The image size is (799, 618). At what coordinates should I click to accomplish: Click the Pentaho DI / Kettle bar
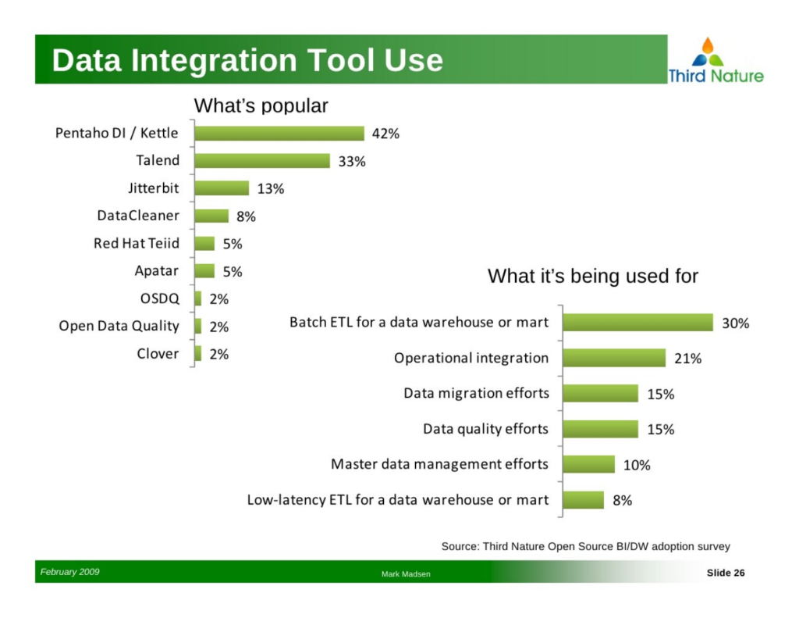tap(279, 133)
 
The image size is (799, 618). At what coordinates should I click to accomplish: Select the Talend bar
tap(262, 161)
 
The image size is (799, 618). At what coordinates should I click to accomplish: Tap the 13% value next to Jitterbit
tap(271, 189)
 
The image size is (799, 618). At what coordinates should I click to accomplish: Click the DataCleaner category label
tap(138, 216)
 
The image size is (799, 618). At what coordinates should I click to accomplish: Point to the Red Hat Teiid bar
tap(204, 244)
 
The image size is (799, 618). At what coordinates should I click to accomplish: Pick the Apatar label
tap(156, 270)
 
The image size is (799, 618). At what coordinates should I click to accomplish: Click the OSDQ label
tap(159, 298)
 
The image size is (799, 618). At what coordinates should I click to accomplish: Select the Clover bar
tap(197, 354)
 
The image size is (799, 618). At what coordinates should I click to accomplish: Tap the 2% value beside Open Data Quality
tap(218, 327)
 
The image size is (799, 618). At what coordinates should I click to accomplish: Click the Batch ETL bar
tap(638, 323)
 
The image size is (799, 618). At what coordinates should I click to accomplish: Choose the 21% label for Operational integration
tap(687, 359)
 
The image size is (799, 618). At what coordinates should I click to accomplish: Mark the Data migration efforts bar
tap(600, 394)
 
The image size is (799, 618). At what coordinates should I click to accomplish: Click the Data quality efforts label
tap(485, 429)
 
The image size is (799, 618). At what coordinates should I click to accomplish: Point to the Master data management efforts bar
tap(588, 464)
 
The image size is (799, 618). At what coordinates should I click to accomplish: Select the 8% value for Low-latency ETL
tap(622, 500)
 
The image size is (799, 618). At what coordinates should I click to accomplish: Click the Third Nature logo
tap(716, 60)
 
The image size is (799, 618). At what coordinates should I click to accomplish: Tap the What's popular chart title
tap(261, 105)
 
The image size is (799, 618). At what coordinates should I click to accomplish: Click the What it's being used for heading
tap(593, 276)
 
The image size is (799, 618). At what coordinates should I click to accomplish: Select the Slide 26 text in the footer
tap(726, 573)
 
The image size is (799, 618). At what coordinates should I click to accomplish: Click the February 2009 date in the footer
tap(69, 572)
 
